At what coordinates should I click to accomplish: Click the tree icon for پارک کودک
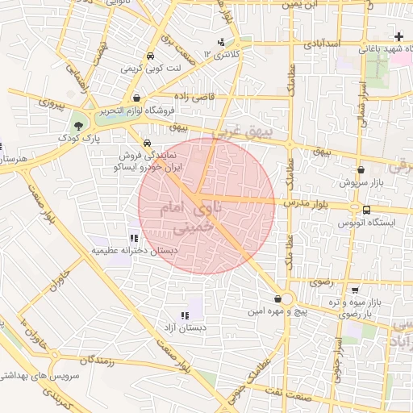[78, 126]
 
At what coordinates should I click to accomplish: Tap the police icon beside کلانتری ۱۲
[222, 42]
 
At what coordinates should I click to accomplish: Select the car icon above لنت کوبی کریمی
[151, 56]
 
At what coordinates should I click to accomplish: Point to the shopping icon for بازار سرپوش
[360, 170]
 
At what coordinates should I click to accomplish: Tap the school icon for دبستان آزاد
[185, 315]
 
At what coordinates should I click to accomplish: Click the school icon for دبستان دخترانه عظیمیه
[133, 238]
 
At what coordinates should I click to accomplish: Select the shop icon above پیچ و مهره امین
[277, 298]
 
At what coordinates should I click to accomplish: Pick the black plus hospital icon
[398, 36]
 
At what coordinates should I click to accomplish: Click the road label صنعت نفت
[295, 390]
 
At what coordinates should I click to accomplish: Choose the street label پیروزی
[52, 103]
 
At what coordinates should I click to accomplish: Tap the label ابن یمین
[302, 4]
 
